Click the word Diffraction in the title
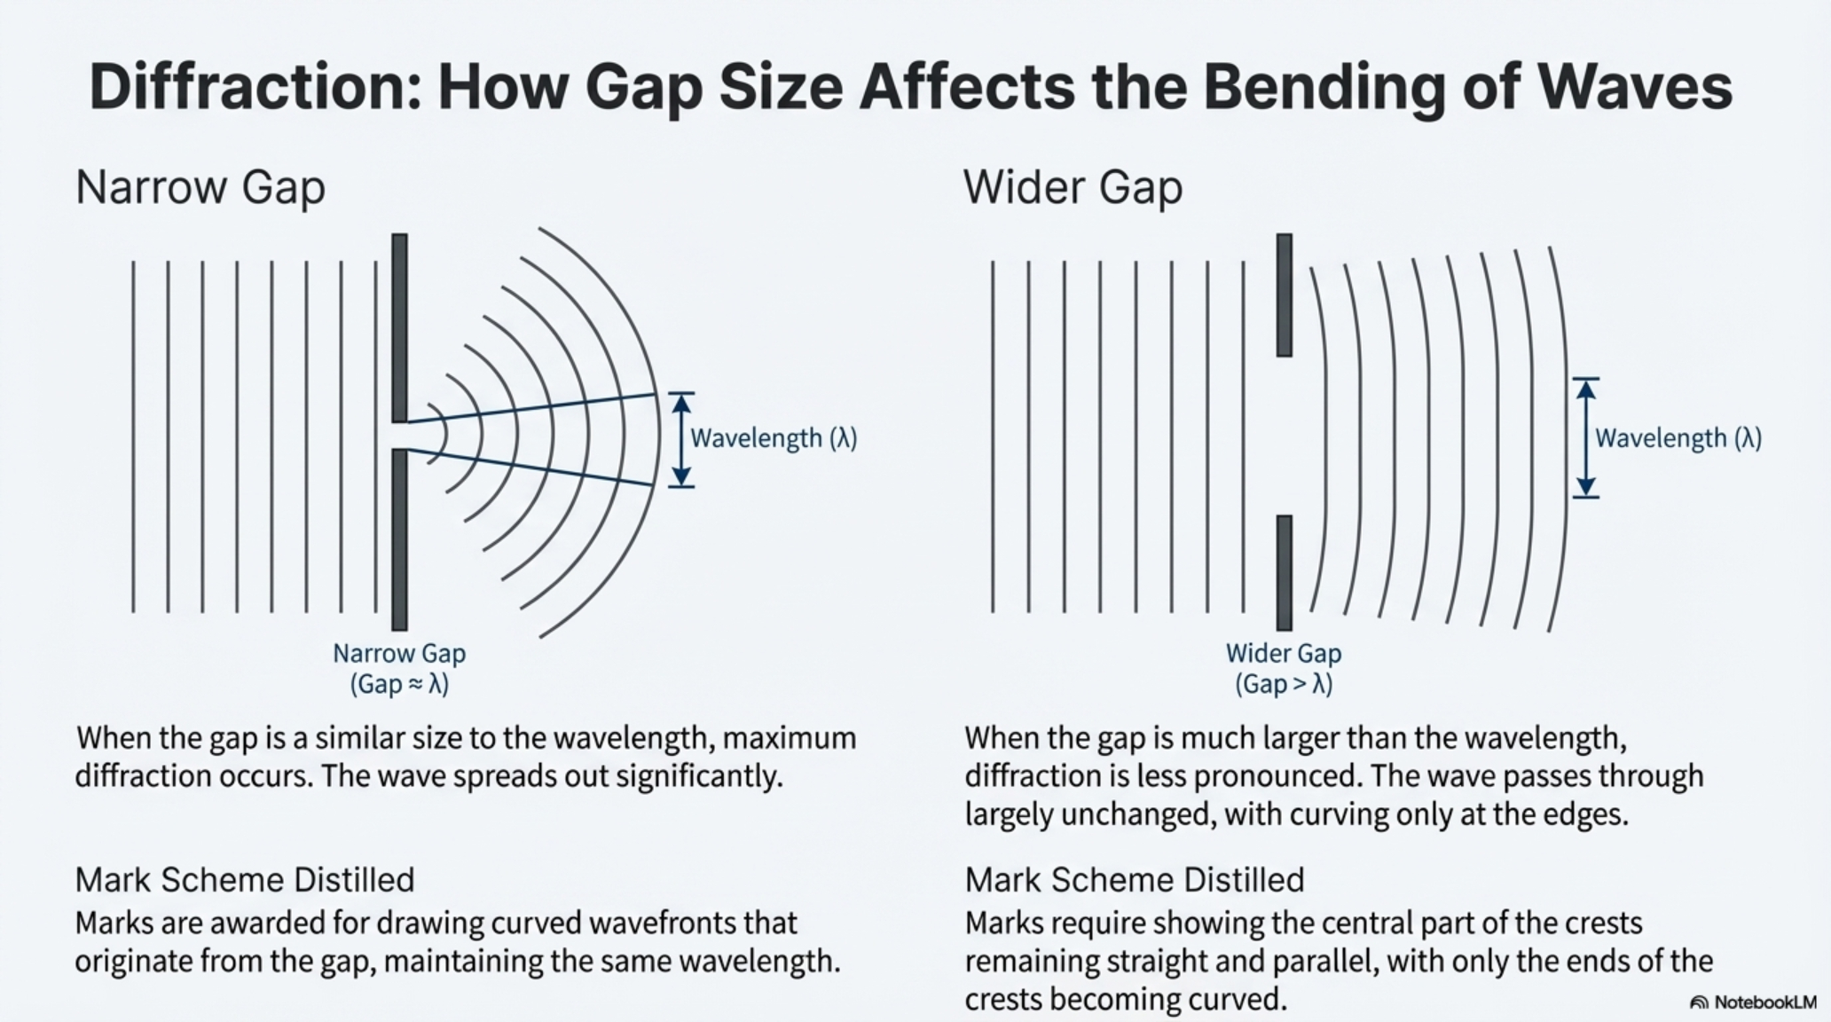pyautogui.click(x=255, y=86)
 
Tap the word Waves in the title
pyautogui.click(x=1635, y=86)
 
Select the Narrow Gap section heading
pyautogui.click(x=200, y=188)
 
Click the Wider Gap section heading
pyautogui.click(x=1073, y=188)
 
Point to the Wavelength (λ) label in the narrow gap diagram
pyautogui.click(x=774, y=438)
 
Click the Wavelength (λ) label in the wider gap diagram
pyautogui.click(x=1678, y=438)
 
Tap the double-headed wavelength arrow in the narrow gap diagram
pyautogui.click(x=680, y=440)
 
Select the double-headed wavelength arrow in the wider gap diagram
pyautogui.click(x=1586, y=438)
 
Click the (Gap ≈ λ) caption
pyautogui.click(x=399, y=685)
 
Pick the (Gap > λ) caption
pyautogui.click(x=1284, y=685)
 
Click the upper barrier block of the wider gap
pyautogui.click(x=1284, y=295)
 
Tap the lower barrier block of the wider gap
pyautogui.click(x=1284, y=573)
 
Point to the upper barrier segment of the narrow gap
pyautogui.click(x=399, y=328)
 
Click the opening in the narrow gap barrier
pyautogui.click(x=399, y=436)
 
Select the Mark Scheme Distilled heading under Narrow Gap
pyautogui.click(x=245, y=880)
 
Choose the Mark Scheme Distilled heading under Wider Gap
pyautogui.click(x=1135, y=880)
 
